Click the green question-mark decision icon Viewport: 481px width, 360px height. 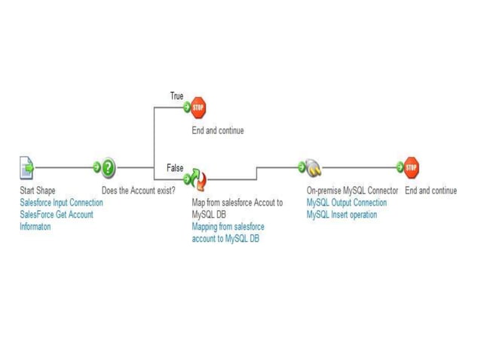coord(109,167)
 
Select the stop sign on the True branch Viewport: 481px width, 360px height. coord(198,108)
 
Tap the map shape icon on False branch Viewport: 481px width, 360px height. coord(198,179)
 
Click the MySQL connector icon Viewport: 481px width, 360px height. coord(313,168)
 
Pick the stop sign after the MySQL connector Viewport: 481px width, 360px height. coord(412,167)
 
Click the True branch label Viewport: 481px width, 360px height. coord(176,96)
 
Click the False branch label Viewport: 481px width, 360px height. coord(175,167)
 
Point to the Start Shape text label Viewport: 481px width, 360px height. coord(38,191)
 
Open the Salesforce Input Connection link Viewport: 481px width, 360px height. coord(61,203)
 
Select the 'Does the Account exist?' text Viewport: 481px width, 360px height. coord(139,191)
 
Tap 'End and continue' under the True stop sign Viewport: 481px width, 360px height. coord(218,130)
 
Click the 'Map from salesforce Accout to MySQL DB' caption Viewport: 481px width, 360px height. coord(237,208)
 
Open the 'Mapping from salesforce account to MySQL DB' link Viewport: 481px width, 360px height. coord(228,233)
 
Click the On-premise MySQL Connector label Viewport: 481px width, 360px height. coord(352,191)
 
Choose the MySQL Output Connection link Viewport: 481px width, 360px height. coord(347,203)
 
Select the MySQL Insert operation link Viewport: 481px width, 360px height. coord(342,215)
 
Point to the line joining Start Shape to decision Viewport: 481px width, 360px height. coord(64,167)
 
